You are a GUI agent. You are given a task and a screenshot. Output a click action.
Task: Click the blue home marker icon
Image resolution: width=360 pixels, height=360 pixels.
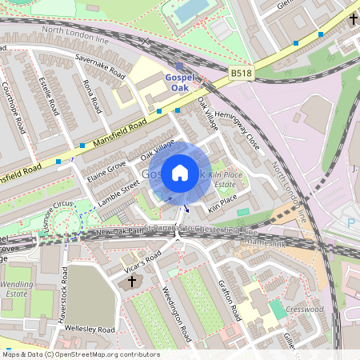[180, 172]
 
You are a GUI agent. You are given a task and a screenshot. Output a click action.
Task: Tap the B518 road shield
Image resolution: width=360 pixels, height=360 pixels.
[241, 73]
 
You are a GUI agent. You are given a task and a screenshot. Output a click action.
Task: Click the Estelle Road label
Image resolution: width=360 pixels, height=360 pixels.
[49, 95]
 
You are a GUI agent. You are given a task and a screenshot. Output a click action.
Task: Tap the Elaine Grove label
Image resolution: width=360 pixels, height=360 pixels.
[106, 171]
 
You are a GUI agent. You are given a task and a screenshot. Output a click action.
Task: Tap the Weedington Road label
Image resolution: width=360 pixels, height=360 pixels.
[176, 310]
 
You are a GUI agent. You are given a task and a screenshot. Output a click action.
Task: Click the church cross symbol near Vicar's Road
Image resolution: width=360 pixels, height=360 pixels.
[133, 281]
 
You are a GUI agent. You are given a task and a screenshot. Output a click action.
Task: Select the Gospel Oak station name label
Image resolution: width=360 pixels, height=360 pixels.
[179, 82]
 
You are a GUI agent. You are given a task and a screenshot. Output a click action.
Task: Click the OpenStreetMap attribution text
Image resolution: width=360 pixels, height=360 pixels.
[80, 354]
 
